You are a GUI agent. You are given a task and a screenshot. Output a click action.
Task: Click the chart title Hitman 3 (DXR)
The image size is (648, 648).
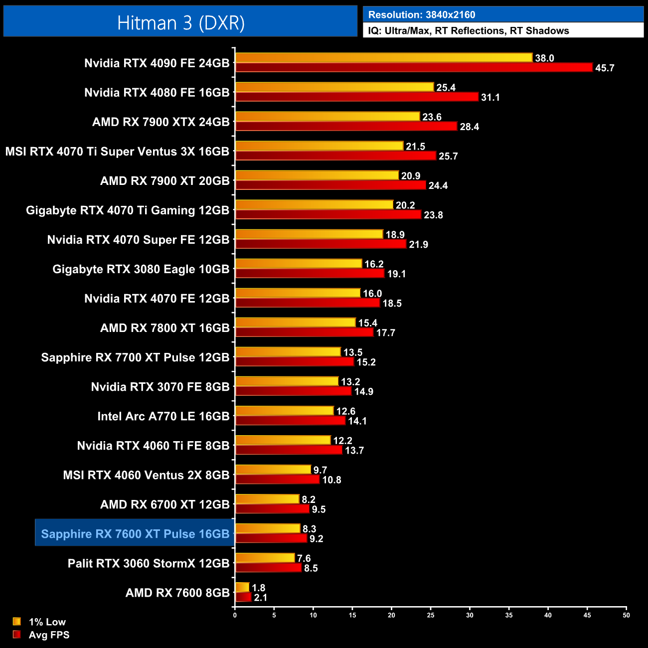click(180, 23)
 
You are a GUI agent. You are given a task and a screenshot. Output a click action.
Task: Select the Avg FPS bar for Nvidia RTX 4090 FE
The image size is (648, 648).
click(414, 68)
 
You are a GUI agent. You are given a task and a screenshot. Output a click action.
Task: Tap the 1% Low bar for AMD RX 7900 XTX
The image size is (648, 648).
click(327, 117)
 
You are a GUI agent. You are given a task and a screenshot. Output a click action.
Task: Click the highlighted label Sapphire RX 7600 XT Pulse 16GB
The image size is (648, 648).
click(135, 534)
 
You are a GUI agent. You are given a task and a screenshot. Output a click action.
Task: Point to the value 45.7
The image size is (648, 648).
click(605, 68)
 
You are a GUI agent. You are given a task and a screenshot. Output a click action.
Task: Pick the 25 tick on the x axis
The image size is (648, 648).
click(431, 615)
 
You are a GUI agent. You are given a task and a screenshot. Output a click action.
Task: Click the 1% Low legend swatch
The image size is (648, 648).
click(17, 622)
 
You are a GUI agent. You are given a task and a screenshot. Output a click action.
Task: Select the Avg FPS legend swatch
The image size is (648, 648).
click(17, 635)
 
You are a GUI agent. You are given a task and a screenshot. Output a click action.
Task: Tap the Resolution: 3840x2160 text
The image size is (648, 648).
click(422, 15)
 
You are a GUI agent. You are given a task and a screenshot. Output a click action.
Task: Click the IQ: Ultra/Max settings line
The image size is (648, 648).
click(469, 31)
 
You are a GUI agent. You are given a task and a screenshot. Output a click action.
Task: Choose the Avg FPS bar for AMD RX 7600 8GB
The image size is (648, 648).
click(243, 597)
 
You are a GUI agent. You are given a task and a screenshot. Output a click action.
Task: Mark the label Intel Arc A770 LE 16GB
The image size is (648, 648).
click(163, 416)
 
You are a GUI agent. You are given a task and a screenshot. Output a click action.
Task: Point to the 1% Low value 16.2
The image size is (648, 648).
click(374, 264)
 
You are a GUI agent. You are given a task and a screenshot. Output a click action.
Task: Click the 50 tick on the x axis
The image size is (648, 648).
click(626, 615)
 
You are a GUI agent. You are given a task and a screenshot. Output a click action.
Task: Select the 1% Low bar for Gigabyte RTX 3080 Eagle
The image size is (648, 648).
click(299, 264)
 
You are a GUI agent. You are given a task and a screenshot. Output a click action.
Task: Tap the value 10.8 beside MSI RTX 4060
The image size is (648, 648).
click(331, 480)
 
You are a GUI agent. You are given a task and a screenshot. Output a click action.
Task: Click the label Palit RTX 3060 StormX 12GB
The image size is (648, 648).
click(149, 563)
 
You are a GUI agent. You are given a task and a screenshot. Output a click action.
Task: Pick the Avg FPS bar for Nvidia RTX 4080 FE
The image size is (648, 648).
click(357, 97)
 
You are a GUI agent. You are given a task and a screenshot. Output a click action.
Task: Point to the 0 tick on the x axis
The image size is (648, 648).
click(235, 615)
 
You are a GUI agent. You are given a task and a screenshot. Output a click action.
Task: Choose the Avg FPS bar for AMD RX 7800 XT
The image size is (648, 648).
click(304, 332)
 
